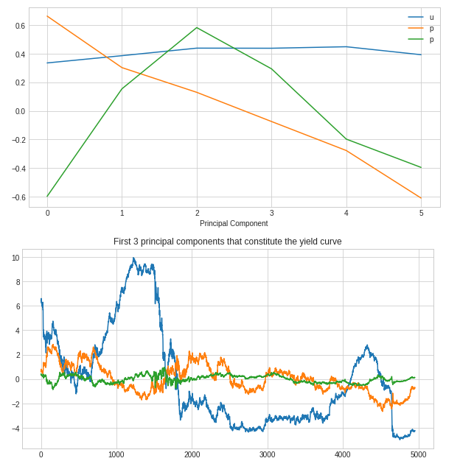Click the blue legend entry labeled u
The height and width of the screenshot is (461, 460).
(x=431, y=17)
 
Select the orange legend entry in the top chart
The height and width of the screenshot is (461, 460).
(x=431, y=28)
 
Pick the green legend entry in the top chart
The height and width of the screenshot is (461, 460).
(x=431, y=39)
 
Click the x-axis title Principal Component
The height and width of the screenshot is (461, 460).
(x=234, y=223)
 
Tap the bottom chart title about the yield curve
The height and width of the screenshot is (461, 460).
(x=227, y=242)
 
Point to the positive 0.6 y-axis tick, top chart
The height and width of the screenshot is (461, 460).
(x=19, y=26)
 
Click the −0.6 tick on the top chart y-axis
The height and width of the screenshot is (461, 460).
(x=18, y=197)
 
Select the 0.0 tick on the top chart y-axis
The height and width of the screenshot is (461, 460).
(x=19, y=111)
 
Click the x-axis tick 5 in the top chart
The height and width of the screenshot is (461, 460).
(x=421, y=213)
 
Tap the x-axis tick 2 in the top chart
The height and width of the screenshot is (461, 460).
(x=197, y=213)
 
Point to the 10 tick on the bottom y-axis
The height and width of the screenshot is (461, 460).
(x=15, y=258)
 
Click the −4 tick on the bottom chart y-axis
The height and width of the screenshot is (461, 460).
(x=15, y=429)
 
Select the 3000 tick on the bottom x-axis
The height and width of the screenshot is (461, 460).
(x=267, y=454)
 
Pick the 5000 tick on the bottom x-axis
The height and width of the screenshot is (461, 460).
(x=418, y=454)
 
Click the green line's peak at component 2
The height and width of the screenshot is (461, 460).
(x=197, y=27)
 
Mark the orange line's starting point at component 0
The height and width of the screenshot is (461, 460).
(x=47, y=16)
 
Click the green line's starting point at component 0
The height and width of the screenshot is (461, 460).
(x=47, y=197)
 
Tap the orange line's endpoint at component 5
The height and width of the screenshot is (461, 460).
(x=421, y=198)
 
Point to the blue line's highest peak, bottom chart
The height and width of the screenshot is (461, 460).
(x=133, y=258)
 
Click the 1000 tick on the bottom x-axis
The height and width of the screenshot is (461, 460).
(x=116, y=454)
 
